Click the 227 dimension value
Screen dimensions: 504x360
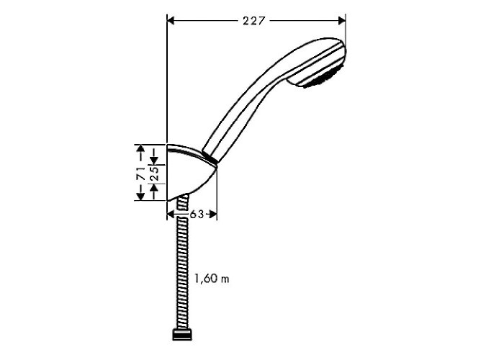pos(253,21)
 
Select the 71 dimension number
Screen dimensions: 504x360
pos(140,174)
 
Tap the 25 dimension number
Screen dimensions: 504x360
pos(155,174)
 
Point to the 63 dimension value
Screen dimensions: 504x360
pos(197,214)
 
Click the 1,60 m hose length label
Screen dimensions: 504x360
pos(212,278)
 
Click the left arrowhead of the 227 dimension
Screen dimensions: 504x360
pos(171,21)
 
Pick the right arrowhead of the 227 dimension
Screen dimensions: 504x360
pos(342,21)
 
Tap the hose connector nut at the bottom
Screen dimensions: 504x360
pos(183,334)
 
